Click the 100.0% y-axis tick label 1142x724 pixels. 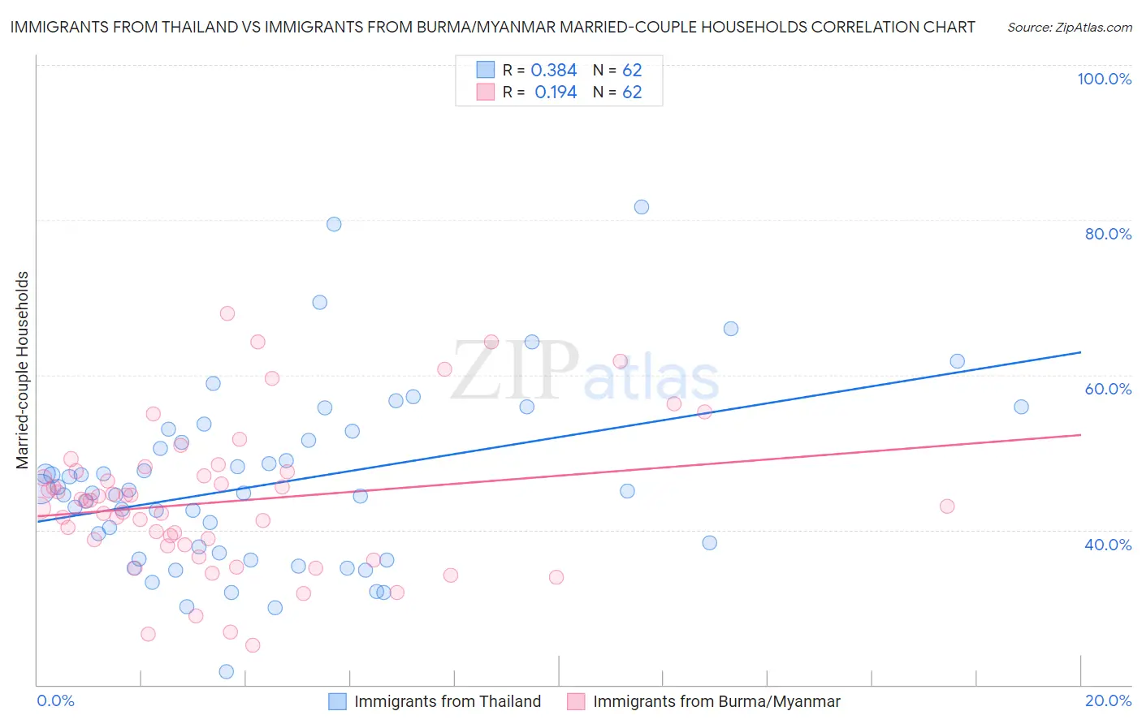[x=1104, y=79]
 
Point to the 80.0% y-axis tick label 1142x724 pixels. [x=1108, y=234]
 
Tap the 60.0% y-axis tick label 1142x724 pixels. [x=1108, y=389]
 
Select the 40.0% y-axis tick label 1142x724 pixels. [x=1108, y=545]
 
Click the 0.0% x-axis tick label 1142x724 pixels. [x=55, y=700]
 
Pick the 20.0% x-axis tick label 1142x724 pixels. [x=1108, y=700]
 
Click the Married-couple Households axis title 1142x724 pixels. [x=23, y=370]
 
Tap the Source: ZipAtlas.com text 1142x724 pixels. [x=1069, y=27]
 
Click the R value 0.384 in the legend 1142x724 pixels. [x=553, y=71]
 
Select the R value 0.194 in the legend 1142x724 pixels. [x=556, y=93]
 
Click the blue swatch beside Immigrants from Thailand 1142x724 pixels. [x=337, y=701]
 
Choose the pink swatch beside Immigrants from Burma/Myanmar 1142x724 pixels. [x=576, y=701]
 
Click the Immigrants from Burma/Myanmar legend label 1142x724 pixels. [x=716, y=701]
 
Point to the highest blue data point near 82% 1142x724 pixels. [x=642, y=207]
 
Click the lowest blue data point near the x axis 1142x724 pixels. [x=227, y=671]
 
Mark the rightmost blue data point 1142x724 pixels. [x=1021, y=407]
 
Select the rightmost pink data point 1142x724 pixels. [x=947, y=506]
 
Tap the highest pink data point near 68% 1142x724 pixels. [x=227, y=313]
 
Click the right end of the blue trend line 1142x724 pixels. [x=1080, y=352]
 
